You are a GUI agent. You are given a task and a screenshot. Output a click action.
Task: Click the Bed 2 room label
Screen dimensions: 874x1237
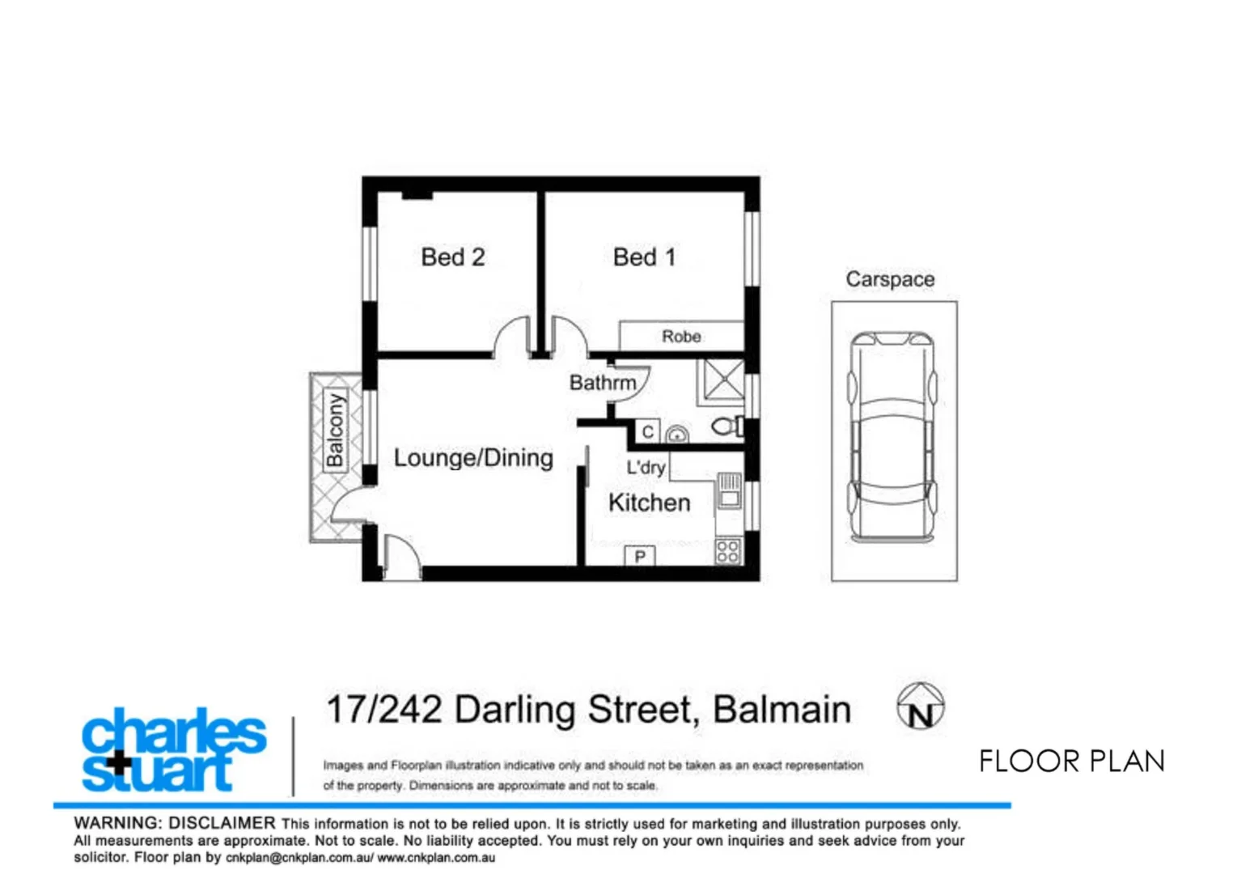(452, 257)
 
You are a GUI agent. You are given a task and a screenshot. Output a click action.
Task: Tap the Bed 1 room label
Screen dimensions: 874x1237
(644, 257)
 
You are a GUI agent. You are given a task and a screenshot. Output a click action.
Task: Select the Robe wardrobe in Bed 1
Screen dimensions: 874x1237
(681, 336)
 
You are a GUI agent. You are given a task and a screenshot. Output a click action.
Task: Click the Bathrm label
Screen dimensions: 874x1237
(603, 383)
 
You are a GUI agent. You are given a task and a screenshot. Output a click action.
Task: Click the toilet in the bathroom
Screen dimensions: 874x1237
(727, 426)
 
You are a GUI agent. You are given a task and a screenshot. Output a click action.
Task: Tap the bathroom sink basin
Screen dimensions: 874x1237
(677, 435)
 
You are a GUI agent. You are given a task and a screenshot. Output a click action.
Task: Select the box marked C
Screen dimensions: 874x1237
(647, 432)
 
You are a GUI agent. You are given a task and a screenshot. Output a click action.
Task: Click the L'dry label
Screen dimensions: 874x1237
(646, 467)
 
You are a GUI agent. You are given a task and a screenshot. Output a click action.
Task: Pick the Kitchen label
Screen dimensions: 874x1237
(649, 503)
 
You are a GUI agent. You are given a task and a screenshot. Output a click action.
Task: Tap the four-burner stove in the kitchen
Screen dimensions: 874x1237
(727, 551)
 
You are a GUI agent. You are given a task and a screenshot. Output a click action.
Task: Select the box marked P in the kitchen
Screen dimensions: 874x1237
(640, 556)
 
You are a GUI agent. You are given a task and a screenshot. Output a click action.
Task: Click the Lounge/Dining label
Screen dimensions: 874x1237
(473, 458)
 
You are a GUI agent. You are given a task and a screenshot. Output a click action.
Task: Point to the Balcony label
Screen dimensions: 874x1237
(335, 431)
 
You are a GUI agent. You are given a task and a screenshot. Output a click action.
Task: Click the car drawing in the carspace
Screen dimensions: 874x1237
(891, 437)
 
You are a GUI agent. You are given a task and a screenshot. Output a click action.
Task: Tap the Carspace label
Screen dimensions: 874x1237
(890, 279)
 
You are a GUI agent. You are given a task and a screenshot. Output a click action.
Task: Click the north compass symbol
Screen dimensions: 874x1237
(920, 706)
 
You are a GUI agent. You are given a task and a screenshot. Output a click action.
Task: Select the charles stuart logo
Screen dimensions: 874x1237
(172, 750)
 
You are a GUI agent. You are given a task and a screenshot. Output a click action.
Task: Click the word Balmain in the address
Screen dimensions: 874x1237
(782, 710)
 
